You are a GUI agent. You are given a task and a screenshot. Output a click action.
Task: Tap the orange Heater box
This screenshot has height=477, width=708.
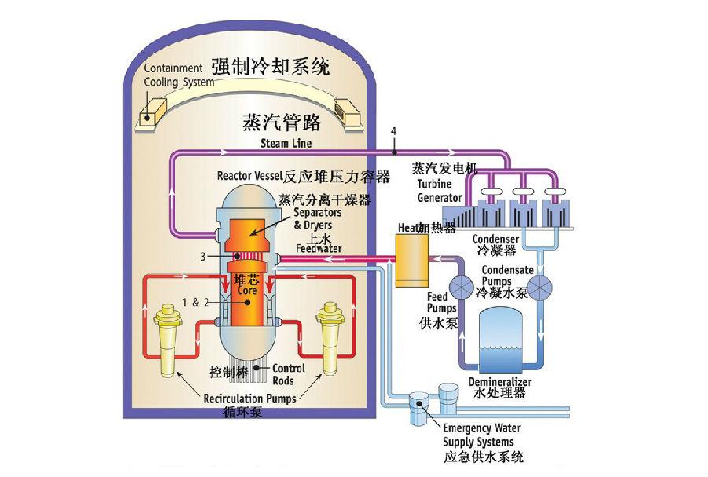click(409, 259)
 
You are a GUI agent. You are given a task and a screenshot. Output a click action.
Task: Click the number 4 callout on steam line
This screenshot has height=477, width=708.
click(394, 130)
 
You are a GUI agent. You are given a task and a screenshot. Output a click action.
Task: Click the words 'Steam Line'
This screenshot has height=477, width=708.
click(286, 144)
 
